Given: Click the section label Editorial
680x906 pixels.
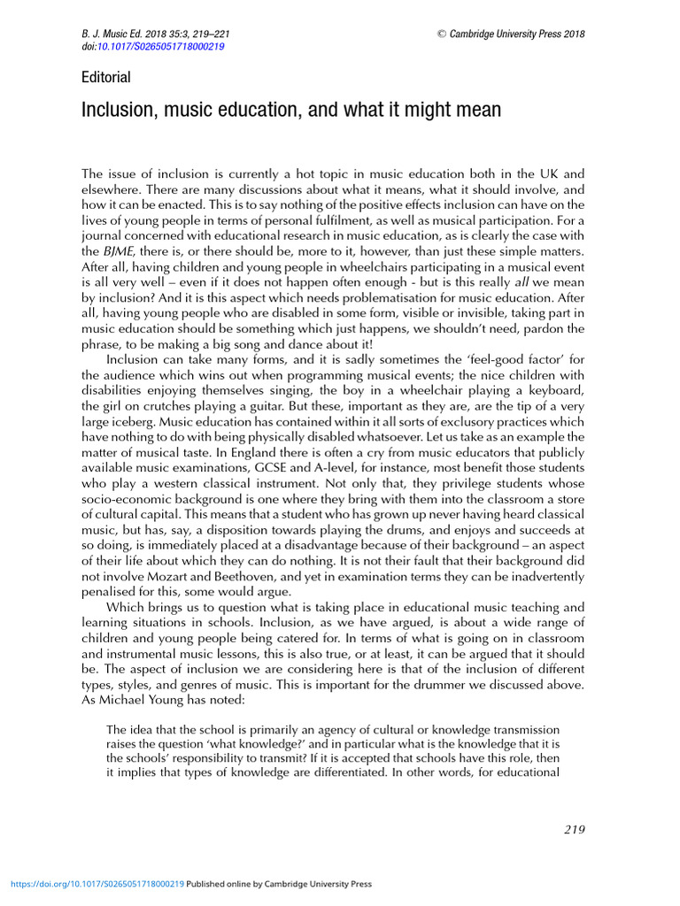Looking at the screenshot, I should [x=105, y=77].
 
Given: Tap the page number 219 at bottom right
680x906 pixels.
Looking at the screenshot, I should [x=574, y=829].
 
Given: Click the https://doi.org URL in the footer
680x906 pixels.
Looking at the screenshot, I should [x=97, y=884].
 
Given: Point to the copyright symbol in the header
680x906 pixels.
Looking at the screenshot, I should [x=441, y=35].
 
